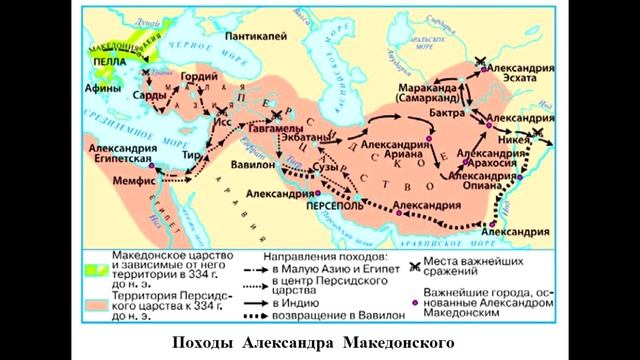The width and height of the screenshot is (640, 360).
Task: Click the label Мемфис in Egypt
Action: (x=138, y=186)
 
